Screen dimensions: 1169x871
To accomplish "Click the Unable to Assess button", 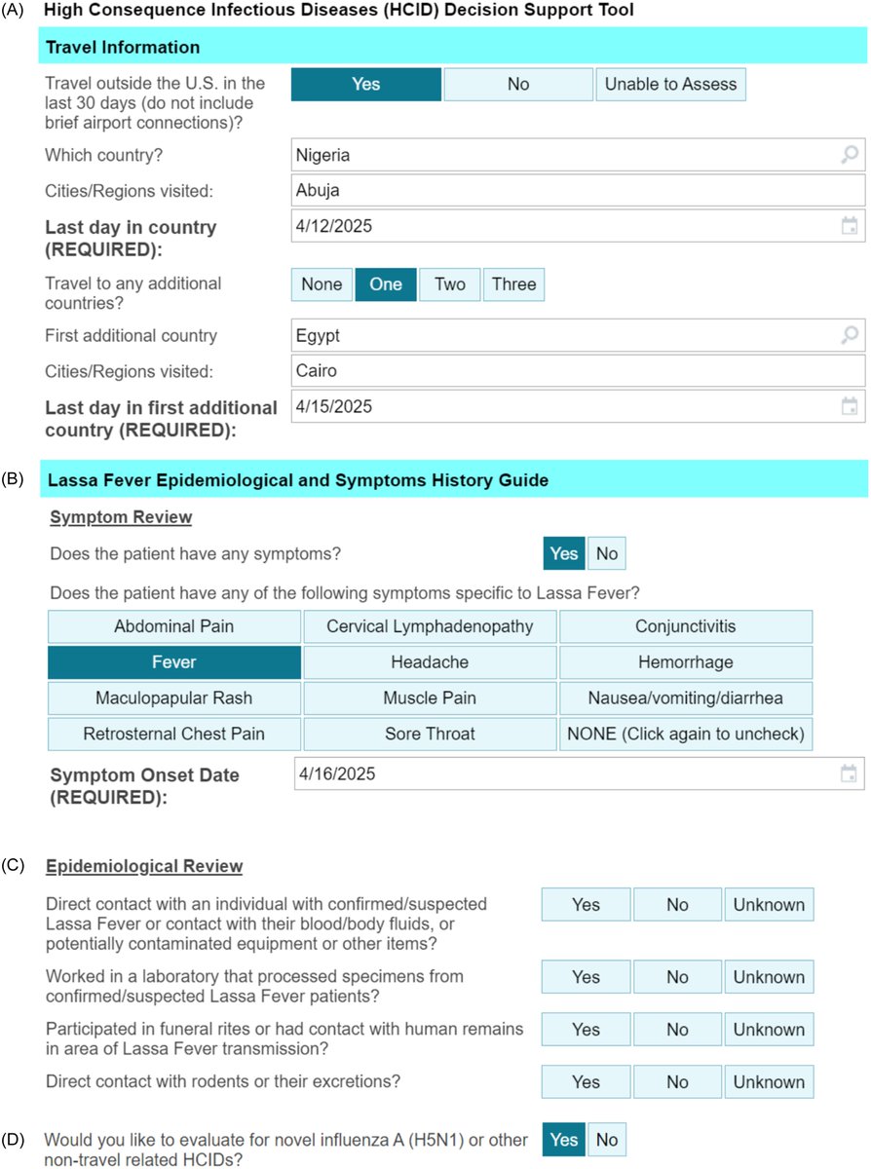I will [x=671, y=85].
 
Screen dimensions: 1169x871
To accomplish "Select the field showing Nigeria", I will [x=565, y=155].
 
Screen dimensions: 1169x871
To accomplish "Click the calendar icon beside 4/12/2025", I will [x=850, y=227].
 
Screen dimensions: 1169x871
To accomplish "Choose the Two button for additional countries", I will [x=449, y=284].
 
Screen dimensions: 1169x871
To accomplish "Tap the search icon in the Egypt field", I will [x=850, y=336].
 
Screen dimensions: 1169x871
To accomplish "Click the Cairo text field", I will [x=575, y=371].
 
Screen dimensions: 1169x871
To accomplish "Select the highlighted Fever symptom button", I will [x=174, y=662].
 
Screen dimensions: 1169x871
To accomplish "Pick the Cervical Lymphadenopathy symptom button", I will [x=430, y=626].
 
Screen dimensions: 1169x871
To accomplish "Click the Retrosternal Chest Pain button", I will [x=174, y=735].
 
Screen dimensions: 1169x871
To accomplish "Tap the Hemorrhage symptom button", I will [x=685, y=662].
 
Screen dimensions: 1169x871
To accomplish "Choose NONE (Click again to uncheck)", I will [x=685, y=735].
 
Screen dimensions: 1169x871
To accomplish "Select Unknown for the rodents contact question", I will [x=769, y=1082].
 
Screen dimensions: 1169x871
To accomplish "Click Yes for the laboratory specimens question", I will [x=586, y=977].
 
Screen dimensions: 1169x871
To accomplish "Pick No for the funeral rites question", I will [x=677, y=1030].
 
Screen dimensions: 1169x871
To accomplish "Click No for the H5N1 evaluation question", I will [x=606, y=1140].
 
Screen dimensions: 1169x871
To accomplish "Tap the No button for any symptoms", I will [x=606, y=554].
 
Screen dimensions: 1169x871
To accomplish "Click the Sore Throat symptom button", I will [x=430, y=735].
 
